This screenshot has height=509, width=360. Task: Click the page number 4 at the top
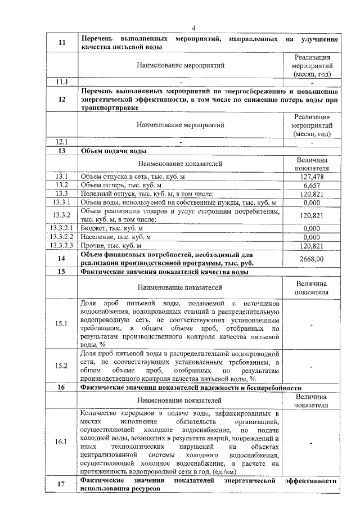pos(192,29)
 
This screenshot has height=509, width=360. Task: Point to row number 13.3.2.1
pos(62,228)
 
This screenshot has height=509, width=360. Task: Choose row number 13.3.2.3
pos(62,245)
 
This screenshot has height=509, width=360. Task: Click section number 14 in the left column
pos(62,258)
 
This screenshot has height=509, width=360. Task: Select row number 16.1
pos(62,442)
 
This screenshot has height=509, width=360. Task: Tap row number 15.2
pos(62,366)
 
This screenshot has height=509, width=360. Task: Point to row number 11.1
pos(62,82)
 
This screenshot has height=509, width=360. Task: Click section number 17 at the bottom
pos(62,485)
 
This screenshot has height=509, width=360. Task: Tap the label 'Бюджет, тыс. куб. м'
pos(112,228)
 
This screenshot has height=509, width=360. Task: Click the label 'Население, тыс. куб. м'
pos(116,237)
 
